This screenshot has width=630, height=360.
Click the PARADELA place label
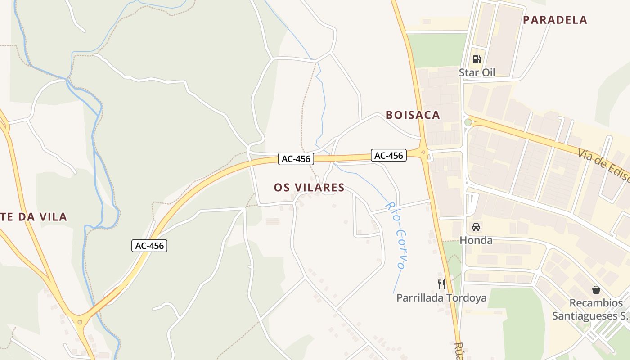pos(555,20)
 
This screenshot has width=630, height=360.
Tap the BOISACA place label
pos(413,115)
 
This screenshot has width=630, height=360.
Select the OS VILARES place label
pos(309,188)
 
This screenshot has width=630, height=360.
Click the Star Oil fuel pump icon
pos(477,59)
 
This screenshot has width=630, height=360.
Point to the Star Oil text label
pos(477,72)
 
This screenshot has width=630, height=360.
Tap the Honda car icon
pos(476,227)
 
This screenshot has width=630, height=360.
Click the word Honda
pos(476,240)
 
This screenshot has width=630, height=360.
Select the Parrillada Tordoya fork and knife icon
pos(441,284)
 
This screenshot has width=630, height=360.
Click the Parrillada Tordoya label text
pos(441,298)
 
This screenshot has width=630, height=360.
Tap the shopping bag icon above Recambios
pos(596,289)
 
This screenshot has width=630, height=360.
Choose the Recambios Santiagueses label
pos(589,309)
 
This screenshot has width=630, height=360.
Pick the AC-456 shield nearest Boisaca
pos(389,155)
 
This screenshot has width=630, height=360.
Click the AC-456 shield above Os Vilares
pos(296,159)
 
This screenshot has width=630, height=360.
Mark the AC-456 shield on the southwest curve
pos(150,246)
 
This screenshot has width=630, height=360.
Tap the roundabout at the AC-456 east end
pos(423,153)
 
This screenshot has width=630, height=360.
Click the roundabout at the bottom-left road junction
pos(80,322)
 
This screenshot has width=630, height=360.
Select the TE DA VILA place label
pos(33,217)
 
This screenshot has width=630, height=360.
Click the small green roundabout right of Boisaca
pos(468,122)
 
